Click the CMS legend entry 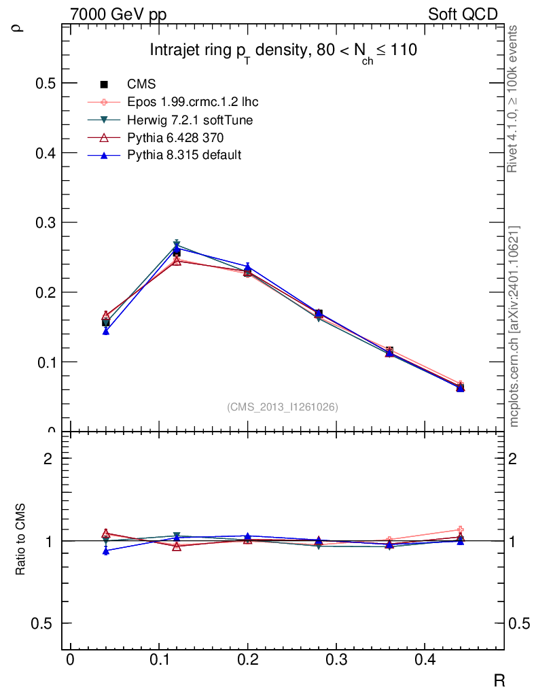pyautogui.click(x=141, y=84)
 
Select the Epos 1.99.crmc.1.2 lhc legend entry pyautogui.click(x=192, y=102)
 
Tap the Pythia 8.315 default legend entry pyautogui.click(x=184, y=155)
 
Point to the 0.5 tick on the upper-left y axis pyautogui.click(x=43, y=83)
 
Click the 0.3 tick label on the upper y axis pyautogui.click(x=43, y=222)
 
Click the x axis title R pyautogui.click(x=499, y=680)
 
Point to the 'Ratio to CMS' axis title pyautogui.click(x=21, y=540)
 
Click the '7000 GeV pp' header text pyautogui.click(x=118, y=14)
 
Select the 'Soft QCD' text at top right pyautogui.click(x=463, y=14)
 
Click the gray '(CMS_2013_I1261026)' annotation pyautogui.click(x=283, y=406)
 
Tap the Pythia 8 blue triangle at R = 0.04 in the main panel pyautogui.click(x=106, y=331)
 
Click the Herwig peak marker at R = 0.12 pyautogui.click(x=177, y=245)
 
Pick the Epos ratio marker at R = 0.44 pyautogui.click(x=461, y=529)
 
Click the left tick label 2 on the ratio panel pyautogui.click(x=48, y=458)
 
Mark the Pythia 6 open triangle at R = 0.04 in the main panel pyautogui.click(x=106, y=316)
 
